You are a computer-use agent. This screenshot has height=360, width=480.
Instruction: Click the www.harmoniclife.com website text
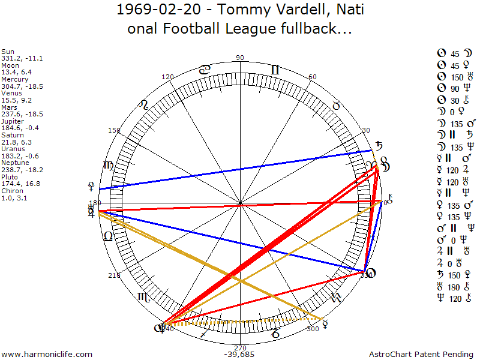[47, 355]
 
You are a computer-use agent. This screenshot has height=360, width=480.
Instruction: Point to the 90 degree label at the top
[240, 58]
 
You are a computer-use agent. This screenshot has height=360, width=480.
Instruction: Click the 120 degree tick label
[167, 77]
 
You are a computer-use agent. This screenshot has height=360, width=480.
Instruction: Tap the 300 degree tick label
[313, 329]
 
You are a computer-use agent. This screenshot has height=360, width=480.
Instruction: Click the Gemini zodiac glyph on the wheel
[275, 70]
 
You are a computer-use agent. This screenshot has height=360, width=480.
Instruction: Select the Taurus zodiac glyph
[336, 106]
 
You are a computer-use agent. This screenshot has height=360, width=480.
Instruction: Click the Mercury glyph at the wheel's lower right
[326, 323]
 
